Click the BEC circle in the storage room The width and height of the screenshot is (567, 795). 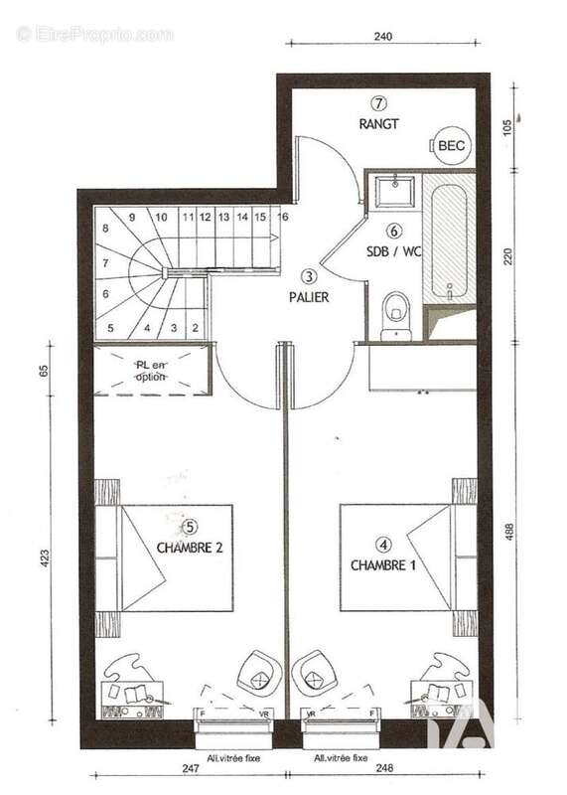450,146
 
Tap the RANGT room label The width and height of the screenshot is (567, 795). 378,124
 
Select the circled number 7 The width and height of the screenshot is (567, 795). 378,102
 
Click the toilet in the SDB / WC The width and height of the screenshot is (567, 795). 395,312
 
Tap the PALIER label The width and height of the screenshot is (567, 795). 309,296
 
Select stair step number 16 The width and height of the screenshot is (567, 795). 283,216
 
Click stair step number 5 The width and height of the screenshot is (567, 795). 110,327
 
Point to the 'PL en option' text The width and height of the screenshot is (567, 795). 151,371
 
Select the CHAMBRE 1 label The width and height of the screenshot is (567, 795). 383,564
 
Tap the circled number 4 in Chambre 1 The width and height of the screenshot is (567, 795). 383,545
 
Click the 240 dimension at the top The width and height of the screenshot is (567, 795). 384,36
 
